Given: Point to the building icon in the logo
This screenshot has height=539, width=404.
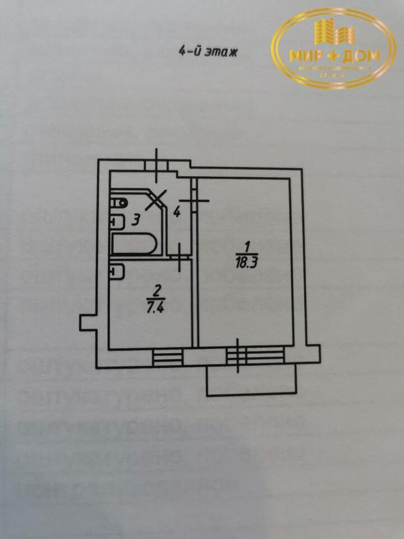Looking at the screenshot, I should click(x=333, y=32).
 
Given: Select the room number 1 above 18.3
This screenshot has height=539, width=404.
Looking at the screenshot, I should click(x=245, y=246).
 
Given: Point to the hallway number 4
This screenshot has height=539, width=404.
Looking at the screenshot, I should click(x=176, y=212).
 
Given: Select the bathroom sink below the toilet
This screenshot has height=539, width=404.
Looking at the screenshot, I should click(x=117, y=221).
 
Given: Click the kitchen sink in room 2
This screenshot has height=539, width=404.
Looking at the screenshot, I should click(x=117, y=271).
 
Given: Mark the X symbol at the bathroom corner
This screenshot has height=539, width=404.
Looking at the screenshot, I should click(x=155, y=199).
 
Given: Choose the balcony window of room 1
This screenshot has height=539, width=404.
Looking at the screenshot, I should click(x=255, y=355).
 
